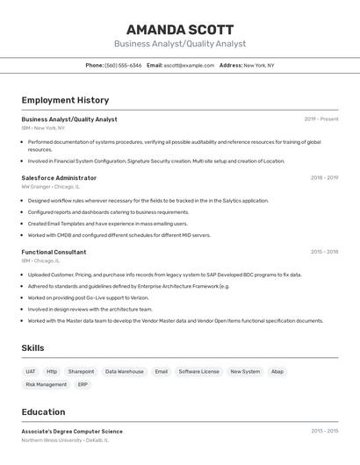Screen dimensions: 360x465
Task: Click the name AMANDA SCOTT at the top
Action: pos(179,29)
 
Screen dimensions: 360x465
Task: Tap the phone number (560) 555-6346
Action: pos(123,65)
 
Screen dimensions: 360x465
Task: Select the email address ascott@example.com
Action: pos(189,65)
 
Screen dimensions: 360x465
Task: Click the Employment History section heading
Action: pos(65,100)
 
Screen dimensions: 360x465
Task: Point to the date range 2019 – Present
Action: pos(321,119)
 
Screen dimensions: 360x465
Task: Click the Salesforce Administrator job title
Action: pos(59,178)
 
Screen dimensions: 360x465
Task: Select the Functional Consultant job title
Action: pos(54,252)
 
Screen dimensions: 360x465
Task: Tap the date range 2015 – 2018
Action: pos(324,252)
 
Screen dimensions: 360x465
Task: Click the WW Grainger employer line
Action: pos(50,187)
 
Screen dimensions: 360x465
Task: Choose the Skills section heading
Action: pos(32,348)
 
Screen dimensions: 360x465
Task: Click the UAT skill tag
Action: pos(31,371)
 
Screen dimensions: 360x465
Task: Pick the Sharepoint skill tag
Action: pos(81,371)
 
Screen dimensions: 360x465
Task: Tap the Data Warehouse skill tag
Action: pos(125,371)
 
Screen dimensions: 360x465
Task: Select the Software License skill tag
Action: pos(199,371)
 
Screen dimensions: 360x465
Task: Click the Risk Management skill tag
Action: pos(46,384)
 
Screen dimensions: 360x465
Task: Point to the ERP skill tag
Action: pos(83,384)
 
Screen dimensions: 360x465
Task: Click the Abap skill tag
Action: pos(277,371)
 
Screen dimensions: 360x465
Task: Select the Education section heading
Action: pos(43,412)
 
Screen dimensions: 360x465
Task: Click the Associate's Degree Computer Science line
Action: pos(72,432)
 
